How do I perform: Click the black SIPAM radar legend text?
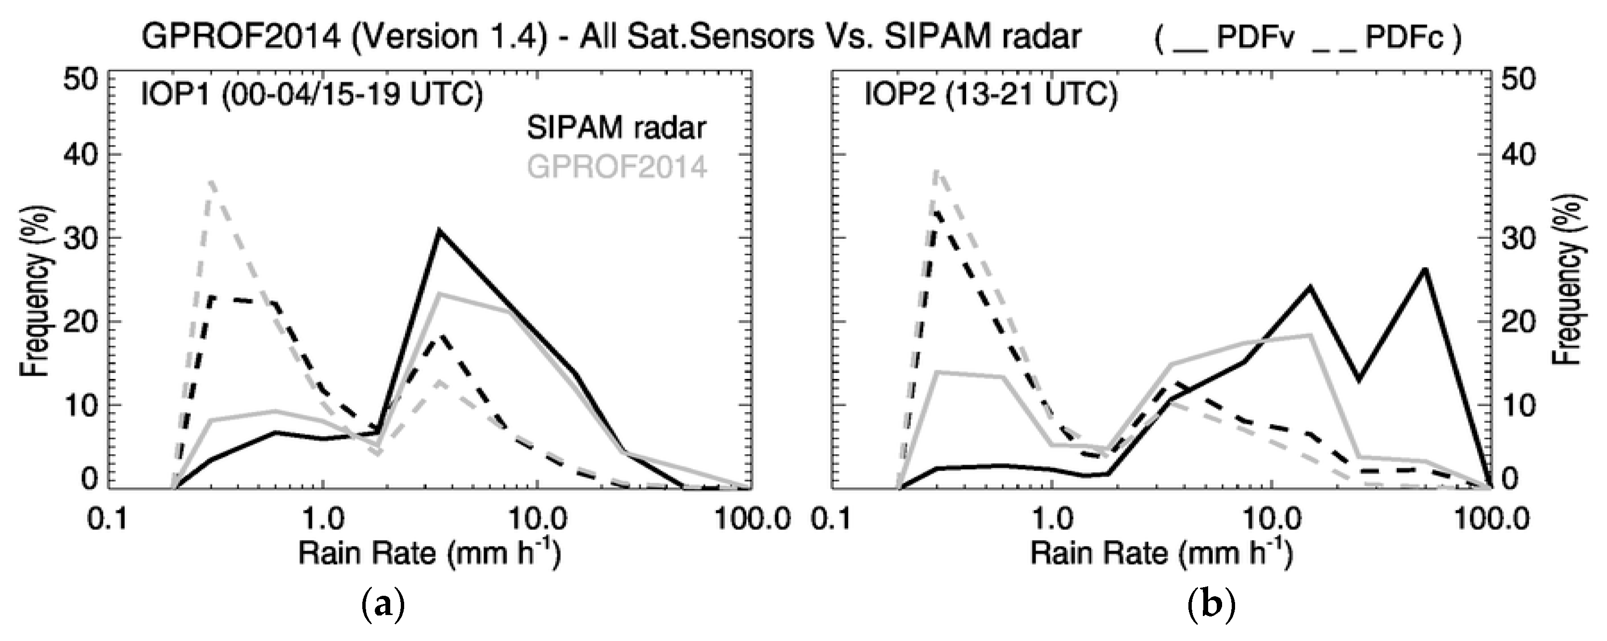pyautogui.click(x=616, y=128)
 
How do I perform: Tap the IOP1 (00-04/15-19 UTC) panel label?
pyautogui.click(x=309, y=96)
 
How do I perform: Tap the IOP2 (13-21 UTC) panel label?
pyautogui.click(x=990, y=96)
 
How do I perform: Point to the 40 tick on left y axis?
pyautogui.click(x=82, y=155)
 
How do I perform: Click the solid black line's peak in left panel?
pyautogui.click(x=439, y=231)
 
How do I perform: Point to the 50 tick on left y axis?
pyautogui.click(x=82, y=81)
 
